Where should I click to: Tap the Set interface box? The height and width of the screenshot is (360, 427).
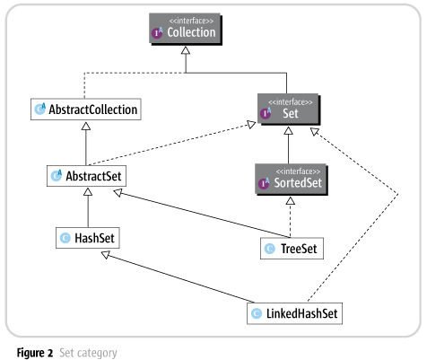[x=287, y=110]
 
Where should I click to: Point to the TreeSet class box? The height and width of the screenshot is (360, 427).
[x=290, y=248]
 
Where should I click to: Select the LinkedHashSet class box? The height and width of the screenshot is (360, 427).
[x=294, y=313]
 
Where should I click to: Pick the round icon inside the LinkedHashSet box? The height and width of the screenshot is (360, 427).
[x=257, y=313]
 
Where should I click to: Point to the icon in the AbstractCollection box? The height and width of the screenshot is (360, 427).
[x=40, y=110]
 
